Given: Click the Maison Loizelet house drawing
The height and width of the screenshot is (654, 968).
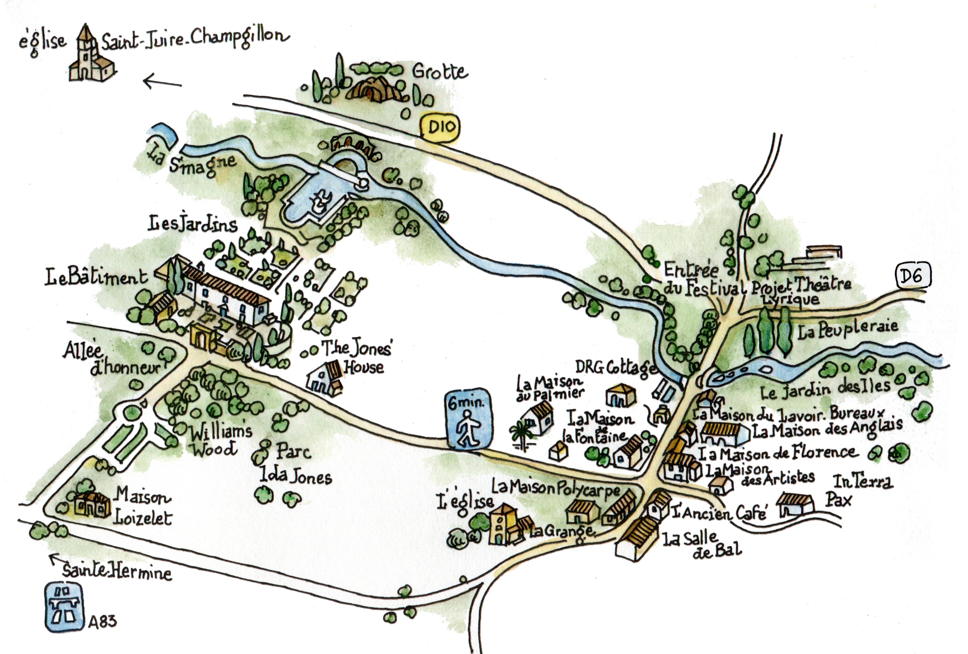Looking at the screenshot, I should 93,505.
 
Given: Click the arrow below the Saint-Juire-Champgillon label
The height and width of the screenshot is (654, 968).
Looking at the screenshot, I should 162,82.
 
